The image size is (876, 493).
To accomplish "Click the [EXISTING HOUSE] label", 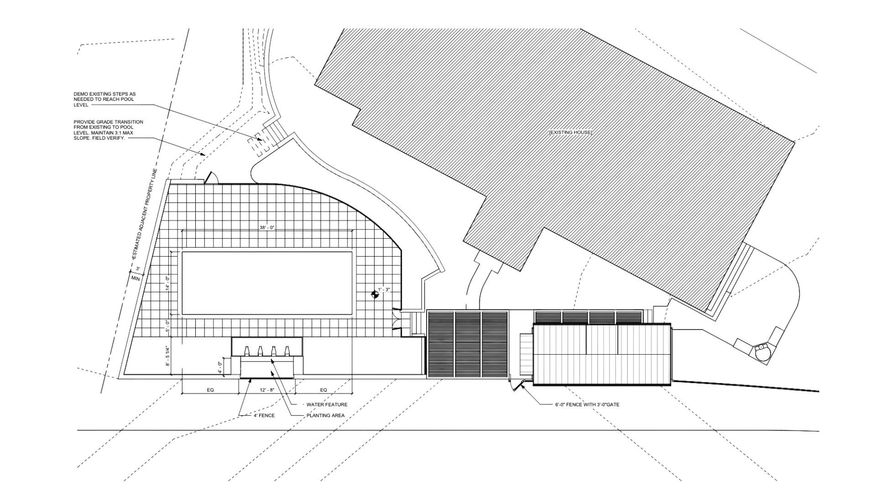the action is click(570, 132).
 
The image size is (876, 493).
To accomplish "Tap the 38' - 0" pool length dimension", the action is click(267, 227).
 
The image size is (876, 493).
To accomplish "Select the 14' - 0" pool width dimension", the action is click(168, 283).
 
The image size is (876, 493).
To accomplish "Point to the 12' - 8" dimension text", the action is click(267, 390).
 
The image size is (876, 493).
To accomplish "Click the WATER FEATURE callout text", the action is click(327, 404).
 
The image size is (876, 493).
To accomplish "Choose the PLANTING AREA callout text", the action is click(325, 415).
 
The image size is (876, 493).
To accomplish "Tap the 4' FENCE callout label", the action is click(264, 415).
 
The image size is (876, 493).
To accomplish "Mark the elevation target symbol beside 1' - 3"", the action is click(375, 294).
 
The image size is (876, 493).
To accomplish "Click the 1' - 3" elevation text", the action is click(384, 289).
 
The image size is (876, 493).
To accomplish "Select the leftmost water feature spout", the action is click(246, 351).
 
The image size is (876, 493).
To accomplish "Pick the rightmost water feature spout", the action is click(287, 351).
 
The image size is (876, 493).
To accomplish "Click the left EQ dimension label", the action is click(210, 390).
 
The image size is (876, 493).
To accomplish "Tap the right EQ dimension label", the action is click(323, 390).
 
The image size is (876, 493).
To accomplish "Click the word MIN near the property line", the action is click(136, 279).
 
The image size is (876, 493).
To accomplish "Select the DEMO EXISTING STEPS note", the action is click(105, 100).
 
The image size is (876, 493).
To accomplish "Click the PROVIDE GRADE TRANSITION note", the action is click(109, 130).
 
